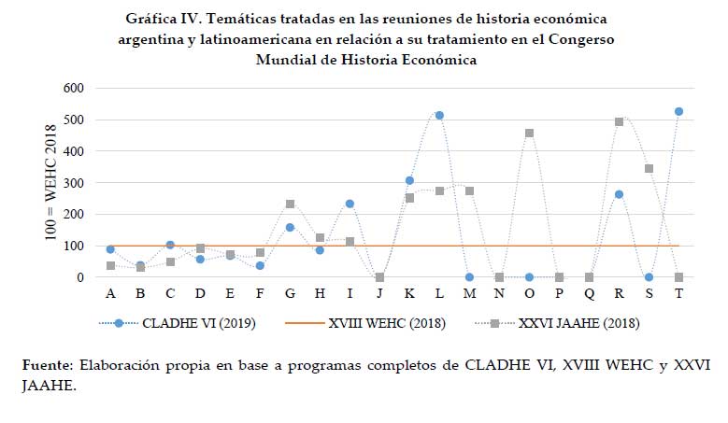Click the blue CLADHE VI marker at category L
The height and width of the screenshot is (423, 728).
(439, 115)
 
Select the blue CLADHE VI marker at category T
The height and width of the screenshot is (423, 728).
(678, 111)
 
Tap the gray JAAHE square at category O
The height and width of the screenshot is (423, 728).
(529, 133)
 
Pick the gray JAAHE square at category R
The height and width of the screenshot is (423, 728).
(619, 121)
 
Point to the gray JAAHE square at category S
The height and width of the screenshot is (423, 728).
(649, 169)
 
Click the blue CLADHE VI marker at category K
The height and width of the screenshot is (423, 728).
(409, 180)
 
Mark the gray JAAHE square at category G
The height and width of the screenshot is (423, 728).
(290, 204)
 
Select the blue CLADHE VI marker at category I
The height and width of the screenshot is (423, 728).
(350, 204)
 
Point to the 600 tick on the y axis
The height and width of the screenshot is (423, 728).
(73, 89)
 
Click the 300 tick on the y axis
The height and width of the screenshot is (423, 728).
(73, 183)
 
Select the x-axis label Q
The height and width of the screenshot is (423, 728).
(589, 293)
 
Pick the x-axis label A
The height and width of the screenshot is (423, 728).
(110, 293)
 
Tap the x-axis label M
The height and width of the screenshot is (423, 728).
(469, 293)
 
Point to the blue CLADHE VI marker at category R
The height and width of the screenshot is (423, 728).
(619, 194)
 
